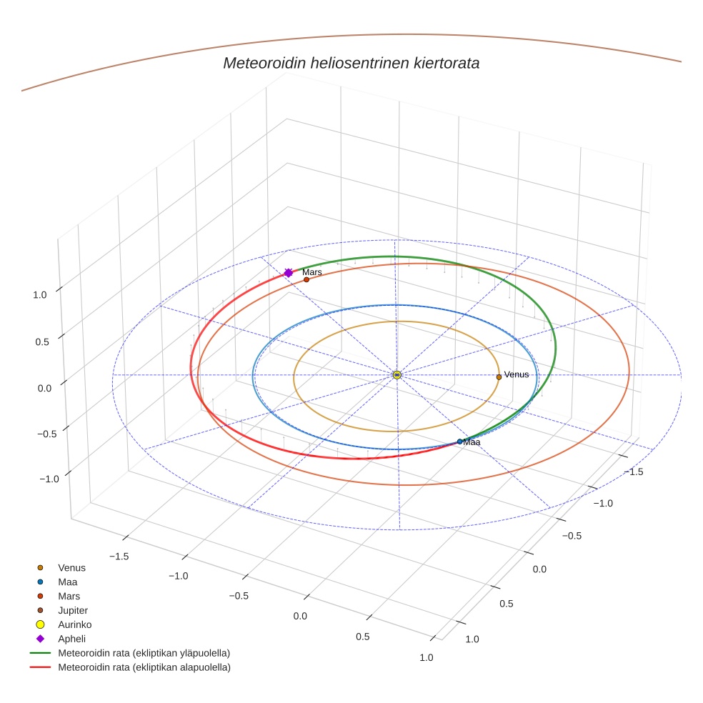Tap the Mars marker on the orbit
click(x=306, y=279)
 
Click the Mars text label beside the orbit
click(x=312, y=272)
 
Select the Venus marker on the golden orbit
click(x=499, y=377)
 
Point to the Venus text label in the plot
click(x=517, y=374)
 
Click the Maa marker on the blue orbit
click(x=459, y=442)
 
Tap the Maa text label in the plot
click(x=472, y=442)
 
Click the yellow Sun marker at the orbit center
click(x=397, y=375)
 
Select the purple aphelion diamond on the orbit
click(x=289, y=273)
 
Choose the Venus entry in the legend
click(x=71, y=568)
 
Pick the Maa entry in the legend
click(x=67, y=582)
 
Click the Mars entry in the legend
click(x=69, y=596)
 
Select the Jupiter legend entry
click(x=73, y=610)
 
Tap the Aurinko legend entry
click(x=74, y=624)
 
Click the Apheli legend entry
click(x=71, y=639)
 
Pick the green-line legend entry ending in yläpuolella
click(x=144, y=653)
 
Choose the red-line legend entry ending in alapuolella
click(x=144, y=667)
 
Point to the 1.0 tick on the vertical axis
click(x=40, y=294)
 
